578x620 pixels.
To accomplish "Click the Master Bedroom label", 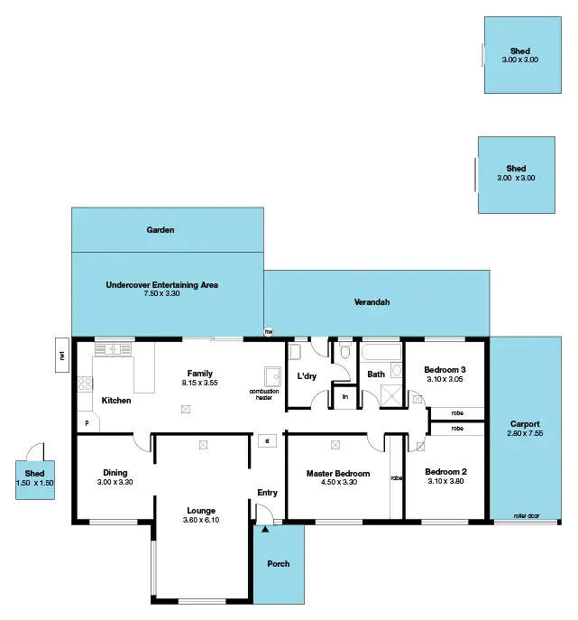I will point(338,474).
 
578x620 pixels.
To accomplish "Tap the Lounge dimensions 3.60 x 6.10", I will point(200,522).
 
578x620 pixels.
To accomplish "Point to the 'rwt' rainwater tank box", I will point(62,354).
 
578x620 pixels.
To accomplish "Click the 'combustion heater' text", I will point(264,394).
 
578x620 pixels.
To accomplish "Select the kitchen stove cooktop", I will point(85,385).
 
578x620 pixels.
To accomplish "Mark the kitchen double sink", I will point(113,348).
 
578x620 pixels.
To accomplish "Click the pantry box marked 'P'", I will point(87,422).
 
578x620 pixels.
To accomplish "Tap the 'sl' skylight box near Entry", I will point(267,441).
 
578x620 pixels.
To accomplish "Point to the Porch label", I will point(279,564).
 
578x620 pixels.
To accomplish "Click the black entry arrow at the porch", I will point(264,530).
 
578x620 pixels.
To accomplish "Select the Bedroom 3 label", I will point(445,369).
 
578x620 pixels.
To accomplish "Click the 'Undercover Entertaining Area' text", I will point(162,284).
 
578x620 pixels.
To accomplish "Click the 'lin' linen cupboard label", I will point(344,395).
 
